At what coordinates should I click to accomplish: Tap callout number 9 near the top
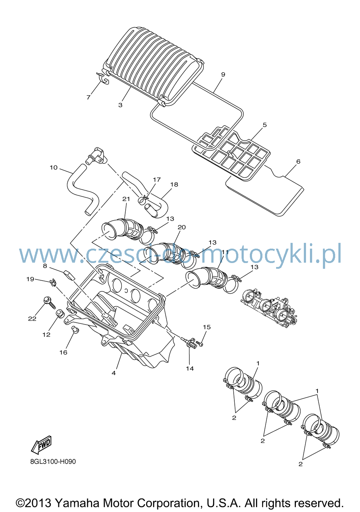pos(223,74)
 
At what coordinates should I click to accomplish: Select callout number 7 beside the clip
pos(89,98)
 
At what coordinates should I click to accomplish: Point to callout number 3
pos(120,105)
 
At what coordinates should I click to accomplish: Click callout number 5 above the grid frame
pos(265,125)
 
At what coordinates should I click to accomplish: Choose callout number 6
pos(298,161)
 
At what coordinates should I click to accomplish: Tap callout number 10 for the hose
pos(54,168)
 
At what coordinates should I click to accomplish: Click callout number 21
pos(126,199)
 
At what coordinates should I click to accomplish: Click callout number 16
pos(63,352)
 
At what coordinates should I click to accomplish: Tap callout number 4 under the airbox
pos(114,373)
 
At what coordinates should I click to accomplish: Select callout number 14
pos(190,368)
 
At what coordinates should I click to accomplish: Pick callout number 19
pos(30,279)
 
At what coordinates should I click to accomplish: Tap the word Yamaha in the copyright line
pos(77,503)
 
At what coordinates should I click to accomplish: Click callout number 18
pos(174,184)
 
